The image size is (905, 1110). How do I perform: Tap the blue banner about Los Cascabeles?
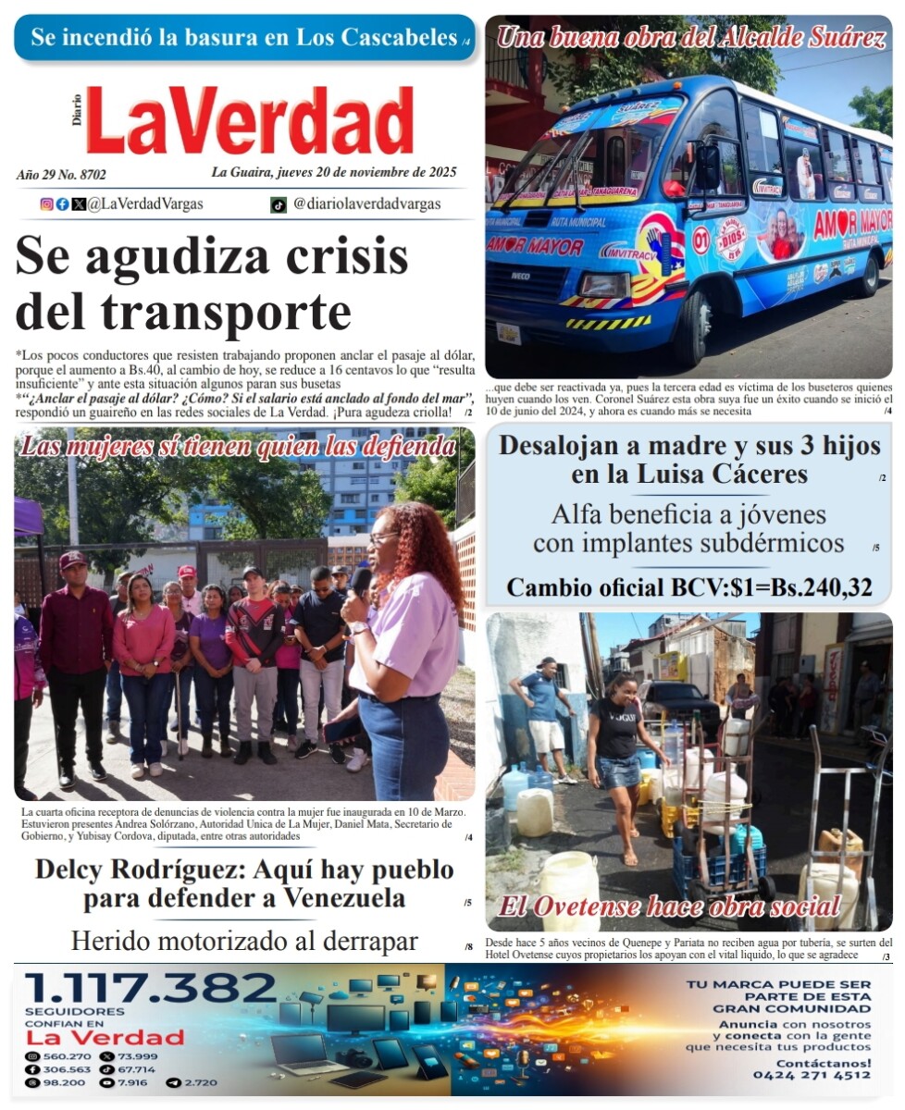tap(244, 38)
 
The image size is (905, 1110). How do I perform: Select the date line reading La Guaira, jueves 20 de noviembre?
tap(333, 172)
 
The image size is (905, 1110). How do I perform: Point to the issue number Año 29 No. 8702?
tap(61, 174)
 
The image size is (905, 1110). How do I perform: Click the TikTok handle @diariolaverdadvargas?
tap(366, 204)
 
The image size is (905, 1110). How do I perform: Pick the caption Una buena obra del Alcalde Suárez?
tap(690, 38)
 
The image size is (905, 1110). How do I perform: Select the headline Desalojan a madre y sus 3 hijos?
tap(689, 460)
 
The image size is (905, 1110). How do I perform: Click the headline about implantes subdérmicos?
tap(688, 529)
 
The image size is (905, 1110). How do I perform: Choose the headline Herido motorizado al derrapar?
tap(244, 942)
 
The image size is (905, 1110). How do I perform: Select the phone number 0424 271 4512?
tap(812, 1076)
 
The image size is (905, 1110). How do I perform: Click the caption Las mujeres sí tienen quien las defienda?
tap(238, 448)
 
